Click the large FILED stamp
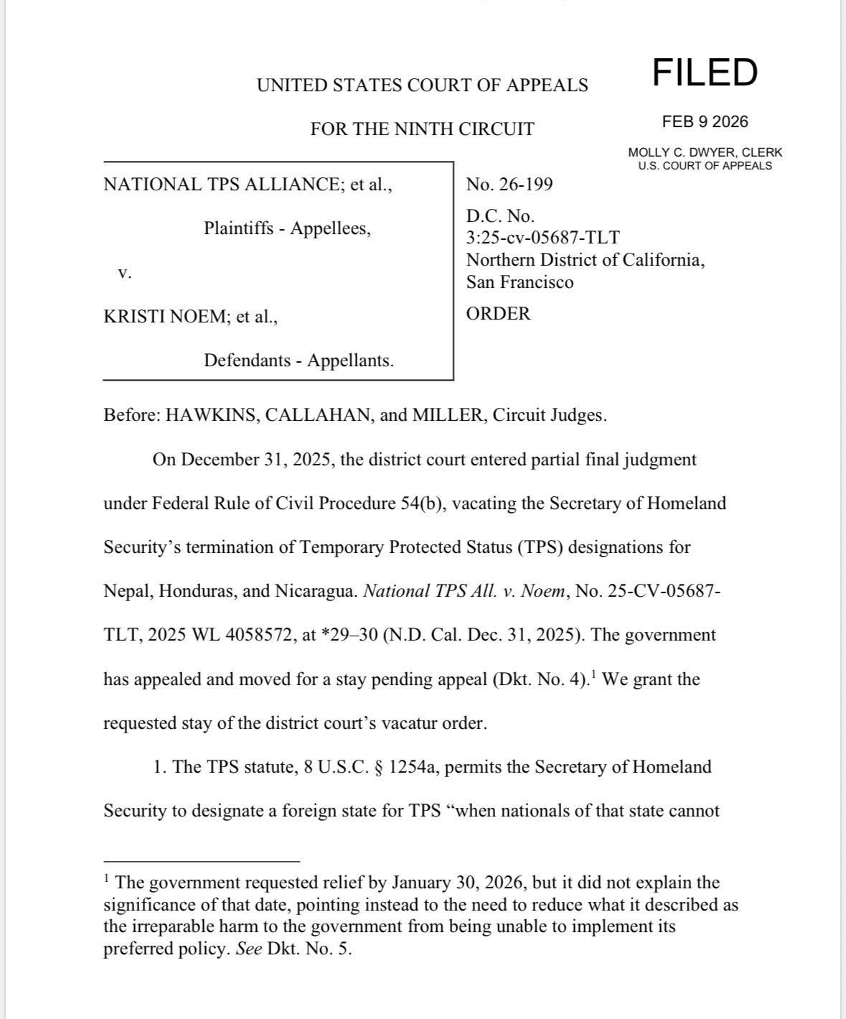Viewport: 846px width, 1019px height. pyautogui.click(x=705, y=73)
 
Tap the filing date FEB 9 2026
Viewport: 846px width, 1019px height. pyautogui.click(x=705, y=122)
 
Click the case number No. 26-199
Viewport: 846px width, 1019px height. pyautogui.click(x=509, y=185)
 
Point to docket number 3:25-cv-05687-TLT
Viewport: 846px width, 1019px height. pyautogui.click(x=542, y=238)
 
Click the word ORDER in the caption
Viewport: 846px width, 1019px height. pyautogui.click(x=498, y=314)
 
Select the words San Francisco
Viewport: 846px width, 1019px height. pyautogui.click(x=520, y=282)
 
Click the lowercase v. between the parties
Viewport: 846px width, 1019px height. pyautogui.click(x=124, y=273)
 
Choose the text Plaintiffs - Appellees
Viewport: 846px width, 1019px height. pyautogui.click(x=287, y=228)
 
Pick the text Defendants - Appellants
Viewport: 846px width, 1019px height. pyautogui.click(x=299, y=360)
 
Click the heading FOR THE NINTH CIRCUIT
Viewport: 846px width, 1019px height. pyautogui.click(x=422, y=129)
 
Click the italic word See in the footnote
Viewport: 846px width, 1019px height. pyautogui.click(x=248, y=949)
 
